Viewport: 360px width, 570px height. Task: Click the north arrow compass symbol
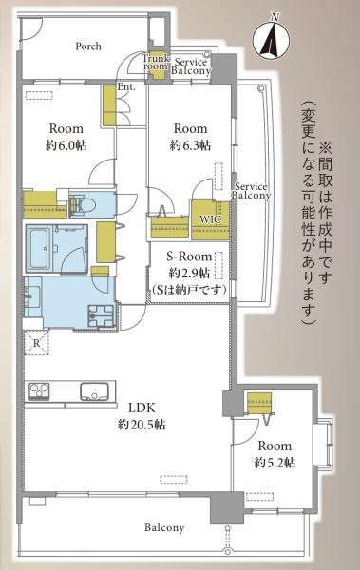point(272,39)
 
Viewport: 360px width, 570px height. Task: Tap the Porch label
point(88,47)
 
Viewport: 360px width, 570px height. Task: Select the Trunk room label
point(156,62)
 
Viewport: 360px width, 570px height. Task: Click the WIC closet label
point(210,219)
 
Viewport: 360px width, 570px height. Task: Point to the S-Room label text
point(189,256)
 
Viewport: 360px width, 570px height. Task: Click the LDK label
point(142,408)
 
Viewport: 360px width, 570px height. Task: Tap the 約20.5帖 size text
point(142,424)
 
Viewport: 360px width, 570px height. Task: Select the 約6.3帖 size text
point(190,145)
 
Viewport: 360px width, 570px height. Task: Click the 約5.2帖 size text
point(275,463)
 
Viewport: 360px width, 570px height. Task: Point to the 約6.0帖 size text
point(66,145)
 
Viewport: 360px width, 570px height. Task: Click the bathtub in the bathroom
point(40,248)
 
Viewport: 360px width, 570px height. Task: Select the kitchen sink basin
point(94,391)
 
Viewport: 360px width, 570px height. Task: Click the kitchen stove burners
point(39,391)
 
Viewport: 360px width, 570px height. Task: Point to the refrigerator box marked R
point(36,343)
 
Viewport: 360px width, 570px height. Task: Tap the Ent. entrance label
point(126,87)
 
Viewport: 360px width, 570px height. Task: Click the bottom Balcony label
point(164,527)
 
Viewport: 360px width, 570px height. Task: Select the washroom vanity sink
point(32,295)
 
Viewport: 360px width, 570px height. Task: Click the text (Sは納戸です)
point(189,290)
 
